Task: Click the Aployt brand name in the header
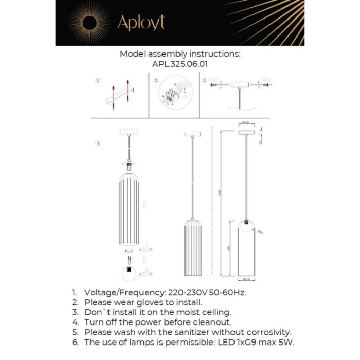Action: point(141,23)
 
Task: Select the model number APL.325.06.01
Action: point(180,65)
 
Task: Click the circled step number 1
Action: point(98,81)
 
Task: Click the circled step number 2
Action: point(156,81)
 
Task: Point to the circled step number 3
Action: point(204,81)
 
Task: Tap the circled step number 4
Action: point(98,142)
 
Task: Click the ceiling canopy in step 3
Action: point(239,85)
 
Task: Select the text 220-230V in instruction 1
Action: point(183,292)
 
